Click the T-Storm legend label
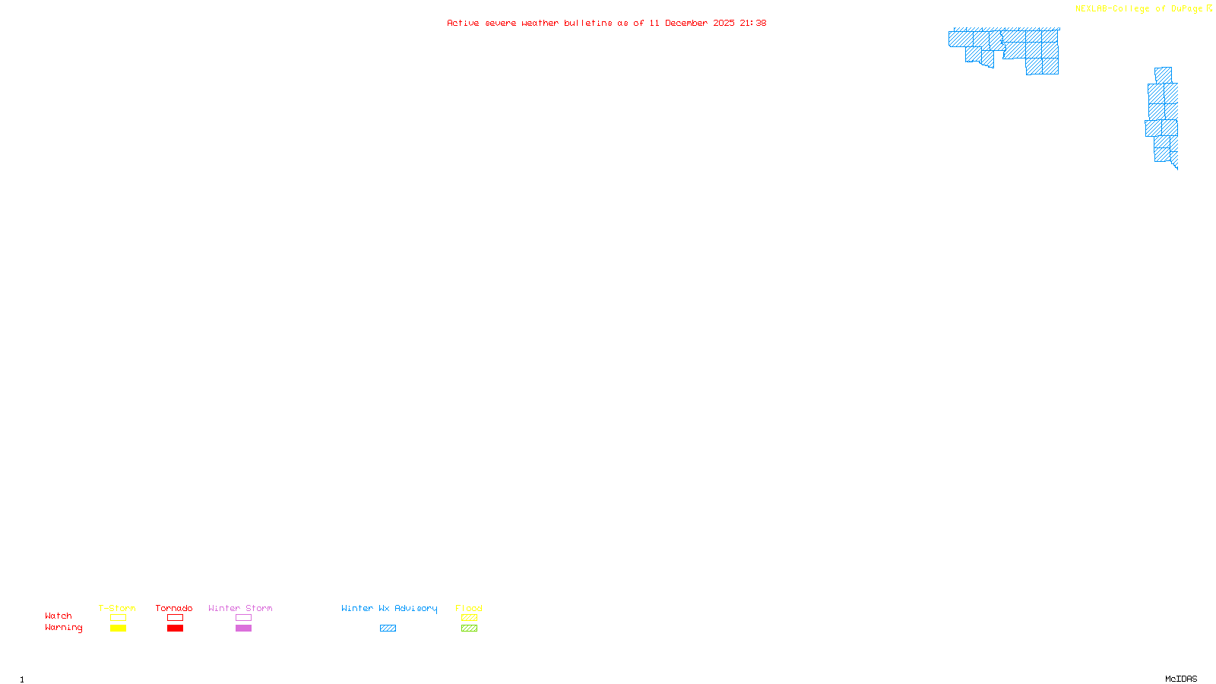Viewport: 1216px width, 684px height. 117,608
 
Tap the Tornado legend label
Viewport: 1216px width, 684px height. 174,608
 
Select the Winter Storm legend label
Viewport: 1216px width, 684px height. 240,608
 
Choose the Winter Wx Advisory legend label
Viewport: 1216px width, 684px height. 389,608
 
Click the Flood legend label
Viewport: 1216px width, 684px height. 469,608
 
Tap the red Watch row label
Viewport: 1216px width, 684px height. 59,616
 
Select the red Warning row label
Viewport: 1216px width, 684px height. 63,628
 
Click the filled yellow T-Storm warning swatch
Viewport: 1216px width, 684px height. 118,629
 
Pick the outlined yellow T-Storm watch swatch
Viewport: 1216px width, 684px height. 118,618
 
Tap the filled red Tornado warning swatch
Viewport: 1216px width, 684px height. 176,629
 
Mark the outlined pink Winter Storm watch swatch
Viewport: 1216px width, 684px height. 243,618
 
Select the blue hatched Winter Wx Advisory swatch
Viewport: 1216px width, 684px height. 388,629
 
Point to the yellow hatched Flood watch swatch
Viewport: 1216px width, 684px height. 469,618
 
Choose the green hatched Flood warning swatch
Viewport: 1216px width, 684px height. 469,629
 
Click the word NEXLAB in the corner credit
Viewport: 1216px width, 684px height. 1091,9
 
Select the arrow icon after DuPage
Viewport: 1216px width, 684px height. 1209,8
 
